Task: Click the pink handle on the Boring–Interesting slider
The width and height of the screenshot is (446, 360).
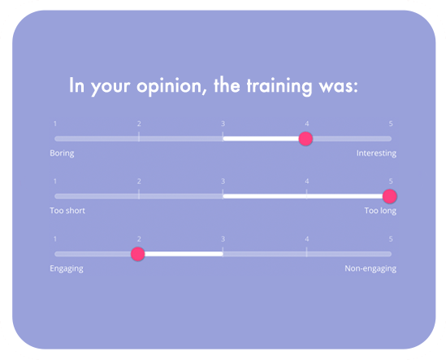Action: pyautogui.click(x=305, y=138)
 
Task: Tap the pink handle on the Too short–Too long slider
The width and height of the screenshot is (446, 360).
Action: pyautogui.click(x=389, y=196)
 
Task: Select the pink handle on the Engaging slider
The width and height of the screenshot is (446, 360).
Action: pyautogui.click(x=138, y=254)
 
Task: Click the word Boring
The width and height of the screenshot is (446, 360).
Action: pyautogui.click(x=61, y=154)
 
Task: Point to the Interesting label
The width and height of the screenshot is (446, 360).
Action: pyautogui.click(x=376, y=154)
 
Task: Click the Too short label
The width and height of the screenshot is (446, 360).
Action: pyautogui.click(x=67, y=211)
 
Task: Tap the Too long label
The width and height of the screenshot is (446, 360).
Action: pyautogui.click(x=380, y=211)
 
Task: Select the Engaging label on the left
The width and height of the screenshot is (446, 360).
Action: pyautogui.click(x=66, y=268)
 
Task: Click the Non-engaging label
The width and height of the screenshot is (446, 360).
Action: pyautogui.click(x=370, y=268)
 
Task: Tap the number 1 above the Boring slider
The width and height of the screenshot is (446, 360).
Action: pyautogui.click(x=55, y=124)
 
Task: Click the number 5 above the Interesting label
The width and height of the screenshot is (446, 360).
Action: pyautogui.click(x=391, y=124)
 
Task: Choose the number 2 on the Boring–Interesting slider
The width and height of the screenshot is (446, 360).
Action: pyautogui.click(x=139, y=124)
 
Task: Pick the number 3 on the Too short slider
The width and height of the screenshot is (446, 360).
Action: pyautogui.click(x=223, y=181)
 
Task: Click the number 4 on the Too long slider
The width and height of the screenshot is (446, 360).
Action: pyautogui.click(x=307, y=181)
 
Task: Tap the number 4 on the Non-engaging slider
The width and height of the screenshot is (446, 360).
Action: pyautogui.click(x=307, y=239)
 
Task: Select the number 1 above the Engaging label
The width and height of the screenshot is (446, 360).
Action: pyautogui.click(x=55, y=239)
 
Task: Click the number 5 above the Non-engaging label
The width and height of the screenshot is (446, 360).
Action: pyautogui.click(x=391, y=239)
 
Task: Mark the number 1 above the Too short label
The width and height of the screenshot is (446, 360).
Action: pyautogui.click(x=55, y=181)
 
